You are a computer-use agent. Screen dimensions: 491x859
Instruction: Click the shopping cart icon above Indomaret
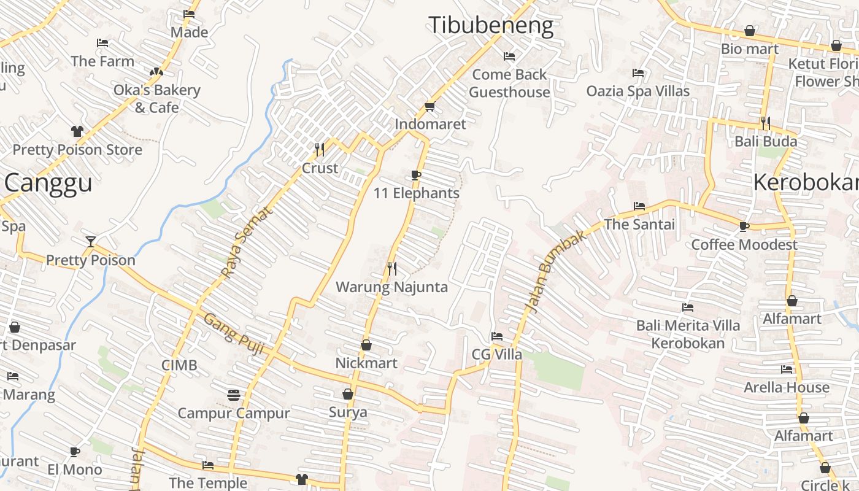coord(430,106)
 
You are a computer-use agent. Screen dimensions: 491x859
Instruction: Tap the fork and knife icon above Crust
coord(319,149)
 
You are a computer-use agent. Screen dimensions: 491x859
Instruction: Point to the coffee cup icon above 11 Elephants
coord(416,176)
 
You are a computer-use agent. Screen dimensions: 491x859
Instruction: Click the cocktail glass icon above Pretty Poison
coord(91,241)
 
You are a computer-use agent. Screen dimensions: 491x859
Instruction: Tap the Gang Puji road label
coord(234,334)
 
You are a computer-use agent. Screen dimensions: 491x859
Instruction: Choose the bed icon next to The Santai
coord(639,206)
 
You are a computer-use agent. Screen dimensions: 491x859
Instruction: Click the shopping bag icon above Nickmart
coord(366,346)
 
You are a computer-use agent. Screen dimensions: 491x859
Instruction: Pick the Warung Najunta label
coord(391,287)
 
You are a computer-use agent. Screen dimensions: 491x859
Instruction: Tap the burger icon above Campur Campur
coord(233,395)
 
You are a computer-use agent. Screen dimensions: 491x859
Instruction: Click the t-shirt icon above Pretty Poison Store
coord(77,131)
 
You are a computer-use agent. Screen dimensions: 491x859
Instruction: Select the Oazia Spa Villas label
coord(638,91)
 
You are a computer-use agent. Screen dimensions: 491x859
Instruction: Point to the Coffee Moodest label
coord(744,244)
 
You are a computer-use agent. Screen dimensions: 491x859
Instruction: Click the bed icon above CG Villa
coord(497,336)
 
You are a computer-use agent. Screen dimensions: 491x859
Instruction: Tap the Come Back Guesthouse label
coord(509,83)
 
